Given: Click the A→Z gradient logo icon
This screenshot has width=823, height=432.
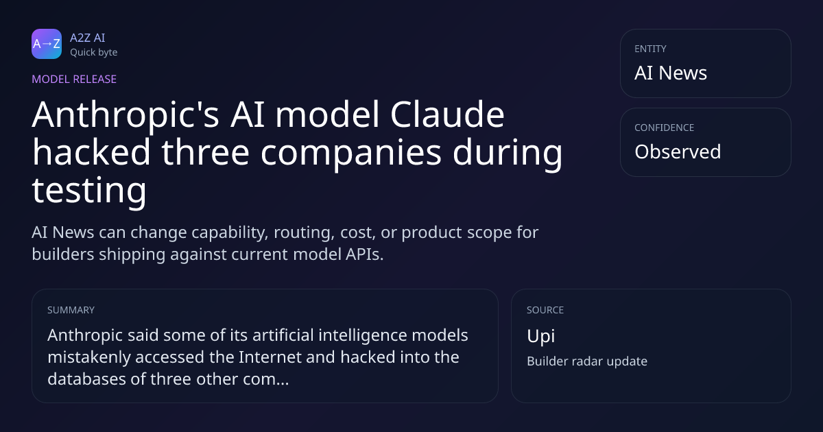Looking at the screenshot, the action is (47, 44).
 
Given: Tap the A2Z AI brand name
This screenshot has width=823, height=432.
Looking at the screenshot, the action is (88, 38).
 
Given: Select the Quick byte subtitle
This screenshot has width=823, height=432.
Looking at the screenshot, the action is (94, 53).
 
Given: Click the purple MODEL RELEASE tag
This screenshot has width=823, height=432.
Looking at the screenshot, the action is (74, 79).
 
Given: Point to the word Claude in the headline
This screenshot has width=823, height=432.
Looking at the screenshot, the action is (447, 115).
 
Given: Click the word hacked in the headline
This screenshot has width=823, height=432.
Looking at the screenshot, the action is (91, 152).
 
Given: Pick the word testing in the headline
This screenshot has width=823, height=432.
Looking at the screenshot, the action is (89, 191).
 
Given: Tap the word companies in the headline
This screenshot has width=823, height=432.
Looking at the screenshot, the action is (351, 153).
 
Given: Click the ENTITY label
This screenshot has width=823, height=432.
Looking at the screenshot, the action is (650, 49).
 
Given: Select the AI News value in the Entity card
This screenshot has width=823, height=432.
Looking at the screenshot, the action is (671, 73).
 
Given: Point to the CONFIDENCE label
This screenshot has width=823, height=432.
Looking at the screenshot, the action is (665, 128).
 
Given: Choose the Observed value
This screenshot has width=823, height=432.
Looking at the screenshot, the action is (678, 152).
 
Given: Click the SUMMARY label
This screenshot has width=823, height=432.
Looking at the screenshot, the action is (71, 310).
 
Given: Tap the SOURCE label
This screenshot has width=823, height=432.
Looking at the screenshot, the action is (545, 310).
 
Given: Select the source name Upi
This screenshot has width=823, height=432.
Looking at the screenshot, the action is (541, 336).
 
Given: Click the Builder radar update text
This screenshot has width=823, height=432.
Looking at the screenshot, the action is (587, 361).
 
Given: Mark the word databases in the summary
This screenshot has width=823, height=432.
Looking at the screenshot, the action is (86, 379).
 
